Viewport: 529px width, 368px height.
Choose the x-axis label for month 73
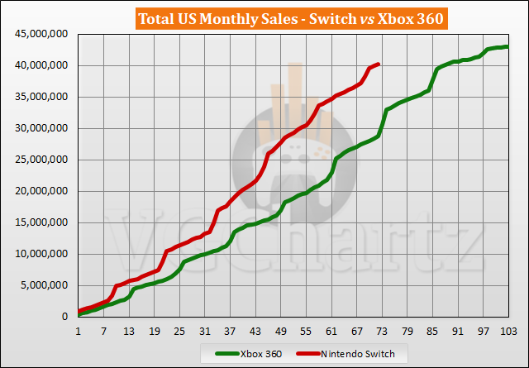[382, 331]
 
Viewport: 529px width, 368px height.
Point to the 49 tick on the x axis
[281, 331]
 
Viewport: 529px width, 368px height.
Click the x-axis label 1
[79, 331]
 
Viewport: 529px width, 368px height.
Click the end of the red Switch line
[378, 64]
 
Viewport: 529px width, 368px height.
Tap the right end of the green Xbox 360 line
[508, 46]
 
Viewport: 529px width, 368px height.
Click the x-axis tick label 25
[179, 331]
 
